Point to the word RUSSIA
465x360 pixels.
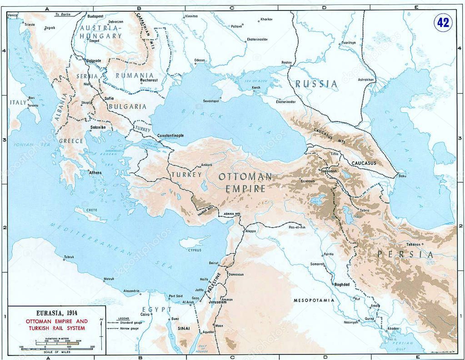click(316, 84)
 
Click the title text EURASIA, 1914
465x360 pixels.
click(56, 313)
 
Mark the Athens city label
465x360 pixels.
click(95, 173)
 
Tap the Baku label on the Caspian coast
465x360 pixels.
click(401, 176)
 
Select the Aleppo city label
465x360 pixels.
click(250, 231)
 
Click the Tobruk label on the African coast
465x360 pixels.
click(69, 257)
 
